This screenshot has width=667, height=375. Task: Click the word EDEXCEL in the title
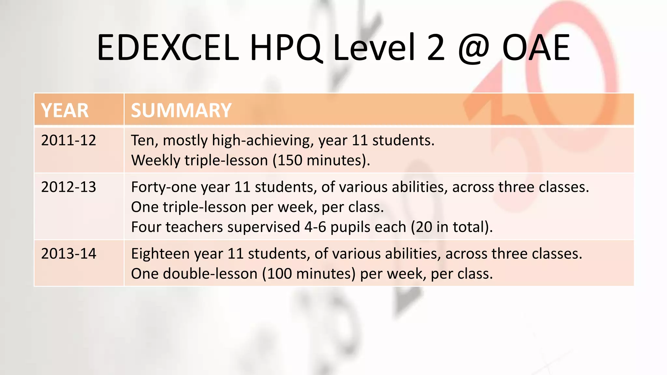click(168, 48)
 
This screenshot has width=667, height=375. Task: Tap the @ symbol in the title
click(474, 49)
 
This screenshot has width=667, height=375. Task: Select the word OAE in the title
click(536, 48)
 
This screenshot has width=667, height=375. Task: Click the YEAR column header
click(65, 110)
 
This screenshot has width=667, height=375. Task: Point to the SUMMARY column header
click(181, 110)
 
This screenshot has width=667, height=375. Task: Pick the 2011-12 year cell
click(69, 140)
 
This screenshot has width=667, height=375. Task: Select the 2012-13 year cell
click(69, 187)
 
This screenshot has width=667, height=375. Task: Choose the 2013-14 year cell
click(69, 254)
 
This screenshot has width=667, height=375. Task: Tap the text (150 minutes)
click(321, 160)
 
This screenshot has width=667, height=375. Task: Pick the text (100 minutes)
click(309, 274)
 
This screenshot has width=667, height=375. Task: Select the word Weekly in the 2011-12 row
click(155, 160)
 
